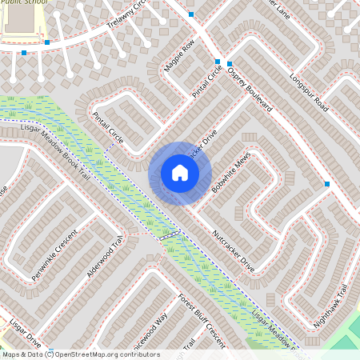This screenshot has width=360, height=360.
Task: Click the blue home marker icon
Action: point(179,173)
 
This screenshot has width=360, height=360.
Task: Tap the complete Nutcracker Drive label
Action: point(233,252)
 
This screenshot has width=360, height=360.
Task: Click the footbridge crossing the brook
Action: point(169,234)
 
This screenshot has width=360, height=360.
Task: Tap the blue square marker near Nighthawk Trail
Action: point(326,185)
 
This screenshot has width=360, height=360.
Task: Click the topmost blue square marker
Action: point(190,15)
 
